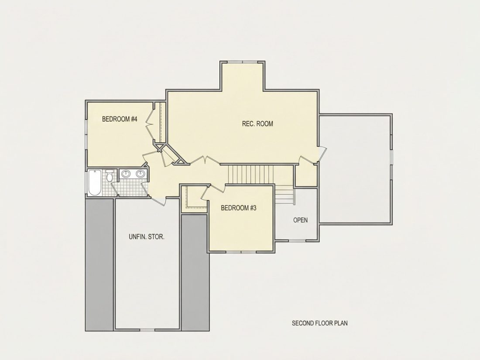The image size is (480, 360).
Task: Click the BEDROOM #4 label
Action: tap(120, 119)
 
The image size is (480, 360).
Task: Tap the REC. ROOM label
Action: tap(257, 123)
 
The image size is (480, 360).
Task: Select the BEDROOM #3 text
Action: tap(238, 208)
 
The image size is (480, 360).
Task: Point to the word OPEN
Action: tap(300, 220)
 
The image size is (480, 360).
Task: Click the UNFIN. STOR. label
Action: tap(147, 237)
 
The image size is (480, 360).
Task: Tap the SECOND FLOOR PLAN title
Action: tap(319, 323)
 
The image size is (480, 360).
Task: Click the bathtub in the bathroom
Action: tap(94, 183)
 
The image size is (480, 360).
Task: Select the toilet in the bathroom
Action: tap(109, 176)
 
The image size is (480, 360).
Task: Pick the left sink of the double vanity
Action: tap(126, 174)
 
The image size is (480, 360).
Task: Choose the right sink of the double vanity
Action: tap(141, 174)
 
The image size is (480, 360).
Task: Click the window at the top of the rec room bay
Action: tap(243, 62)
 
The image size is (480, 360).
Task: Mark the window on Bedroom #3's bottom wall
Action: tap(241, 252)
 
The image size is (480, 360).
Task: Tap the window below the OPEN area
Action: tap(297, 241)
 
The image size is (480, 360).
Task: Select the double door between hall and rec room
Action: tap(205, 161)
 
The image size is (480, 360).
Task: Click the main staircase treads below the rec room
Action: tap(251, 174)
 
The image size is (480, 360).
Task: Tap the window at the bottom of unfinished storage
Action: tap(147, 330)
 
